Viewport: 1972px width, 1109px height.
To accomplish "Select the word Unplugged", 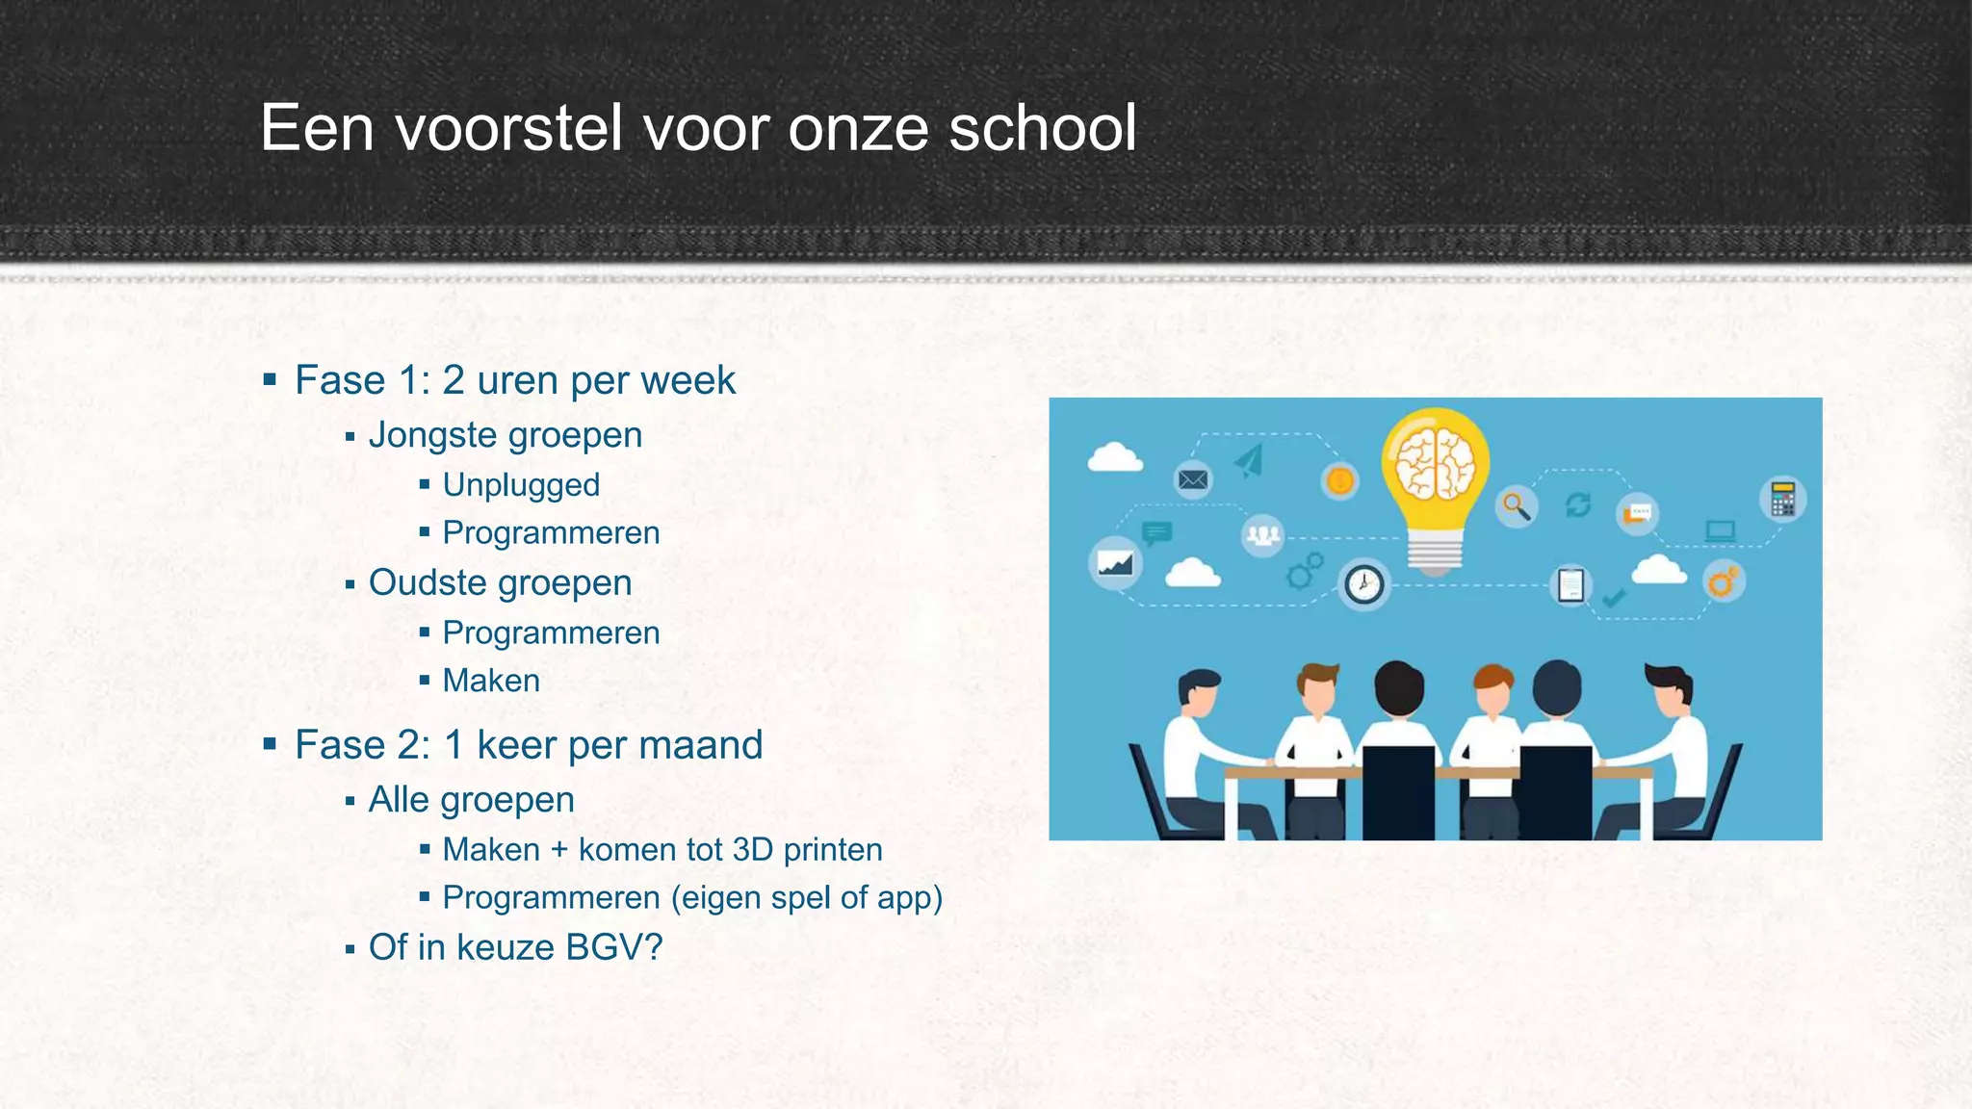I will pyautogui.click(x=521, y=484).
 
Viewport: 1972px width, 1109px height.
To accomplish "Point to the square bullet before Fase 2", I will pyautogui.click(x=270, y=744).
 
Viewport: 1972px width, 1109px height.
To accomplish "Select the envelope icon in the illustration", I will pyautogui.click(x=1193, y=479).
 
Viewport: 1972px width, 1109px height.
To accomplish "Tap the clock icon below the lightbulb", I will pyautogui.click(x=1363, y=583).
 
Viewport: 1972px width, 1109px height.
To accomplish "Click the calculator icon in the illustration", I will pyautogui.click(x=1782, y=500).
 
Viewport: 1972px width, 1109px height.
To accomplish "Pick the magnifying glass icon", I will pyautogui.click(x=1517, y=505).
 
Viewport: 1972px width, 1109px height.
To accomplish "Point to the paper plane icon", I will pyautogui.click(x=1250, y=461).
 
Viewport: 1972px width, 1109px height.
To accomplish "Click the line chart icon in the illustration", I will pyautogui.click(x=1115, y=562).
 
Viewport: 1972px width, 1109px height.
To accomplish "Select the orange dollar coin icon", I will pyautogui.click(x=1339, y=480).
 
